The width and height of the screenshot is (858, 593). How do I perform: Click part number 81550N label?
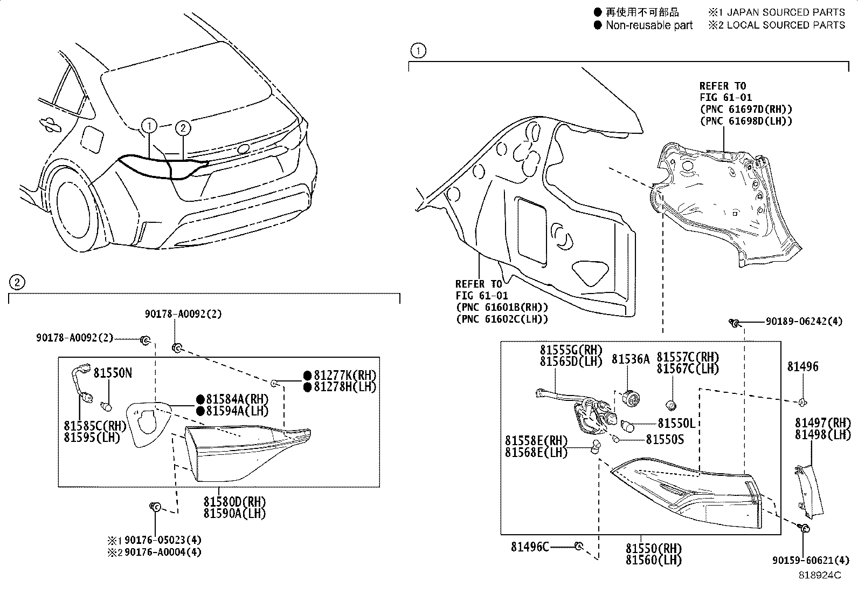coord(112,373)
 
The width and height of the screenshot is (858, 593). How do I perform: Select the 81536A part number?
coord(630,359)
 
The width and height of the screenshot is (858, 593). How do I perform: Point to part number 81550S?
coord(665,440)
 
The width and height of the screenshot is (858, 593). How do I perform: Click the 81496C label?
coord(530,547)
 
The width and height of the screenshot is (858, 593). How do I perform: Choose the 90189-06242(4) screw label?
coord(804,322)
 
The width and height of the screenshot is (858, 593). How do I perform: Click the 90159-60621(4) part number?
coord(812,560)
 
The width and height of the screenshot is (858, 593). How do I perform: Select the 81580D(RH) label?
coord(234,502)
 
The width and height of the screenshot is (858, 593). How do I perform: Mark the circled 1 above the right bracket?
coord(418,51)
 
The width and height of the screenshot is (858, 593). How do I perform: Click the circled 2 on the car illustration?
coord(183,128)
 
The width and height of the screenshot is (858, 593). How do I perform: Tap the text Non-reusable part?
coord(649,25)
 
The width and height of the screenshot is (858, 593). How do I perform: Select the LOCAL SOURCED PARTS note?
coord(785,25)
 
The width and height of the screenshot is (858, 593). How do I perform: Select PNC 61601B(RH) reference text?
coord(501,308)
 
